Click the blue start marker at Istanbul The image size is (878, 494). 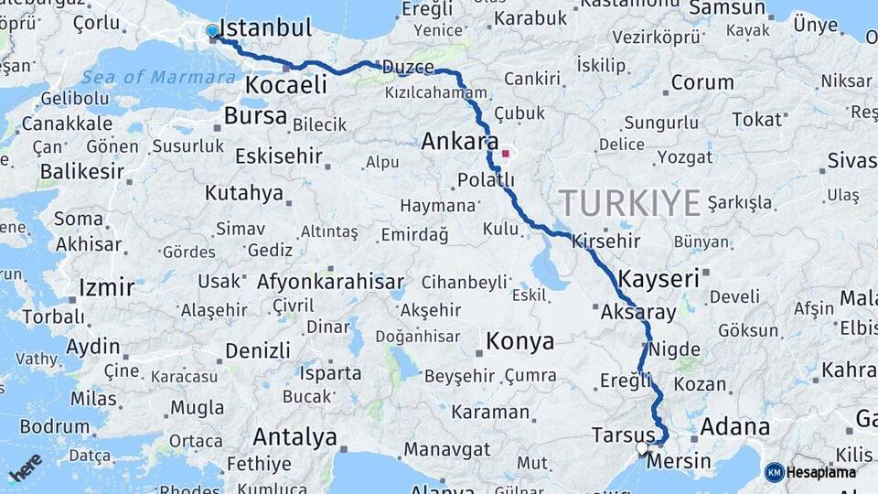tap(213, 31)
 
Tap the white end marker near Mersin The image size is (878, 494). tap(642, 448)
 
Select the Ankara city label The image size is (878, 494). tap(459, 142)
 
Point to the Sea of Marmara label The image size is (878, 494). tap(146, 77)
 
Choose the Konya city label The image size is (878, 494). tap(519, 342)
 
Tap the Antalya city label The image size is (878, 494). tap(294, 436)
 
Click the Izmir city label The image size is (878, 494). tap(106, 287)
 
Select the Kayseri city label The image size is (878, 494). tap(658, 278)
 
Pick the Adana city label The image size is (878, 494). tap(734, 427)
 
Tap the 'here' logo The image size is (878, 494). tap(25, 467)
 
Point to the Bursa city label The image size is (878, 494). tap(255, 116)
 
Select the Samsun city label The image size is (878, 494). tap(727, 8)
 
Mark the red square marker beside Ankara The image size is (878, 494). tap(505, 154)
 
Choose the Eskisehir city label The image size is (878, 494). tap(279, 156)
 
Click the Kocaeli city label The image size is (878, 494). tap(285, 86)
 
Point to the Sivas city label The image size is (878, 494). tap(851, 161)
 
